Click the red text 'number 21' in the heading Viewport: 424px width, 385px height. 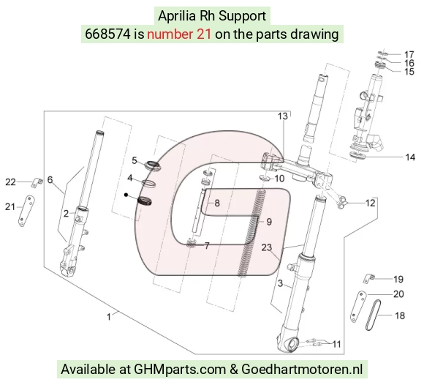179,34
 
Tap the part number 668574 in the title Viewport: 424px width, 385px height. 108,34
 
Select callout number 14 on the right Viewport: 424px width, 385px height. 410,157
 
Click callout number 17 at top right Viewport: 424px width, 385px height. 409,54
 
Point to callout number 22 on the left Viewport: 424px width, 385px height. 10,182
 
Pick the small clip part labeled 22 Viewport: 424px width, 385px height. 37,182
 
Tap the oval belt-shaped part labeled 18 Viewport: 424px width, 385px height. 373,315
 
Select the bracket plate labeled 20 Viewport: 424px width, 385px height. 357,307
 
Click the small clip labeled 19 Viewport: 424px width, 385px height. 369,278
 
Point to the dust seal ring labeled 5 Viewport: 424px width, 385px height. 154,165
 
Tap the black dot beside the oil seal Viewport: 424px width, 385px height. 126,195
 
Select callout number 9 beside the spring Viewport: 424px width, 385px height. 269,222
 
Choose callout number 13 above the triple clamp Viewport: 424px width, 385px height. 283,116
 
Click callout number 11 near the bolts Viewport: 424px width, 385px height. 336,344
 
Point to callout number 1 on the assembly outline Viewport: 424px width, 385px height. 109,317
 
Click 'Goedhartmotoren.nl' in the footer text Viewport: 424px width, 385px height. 302,369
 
